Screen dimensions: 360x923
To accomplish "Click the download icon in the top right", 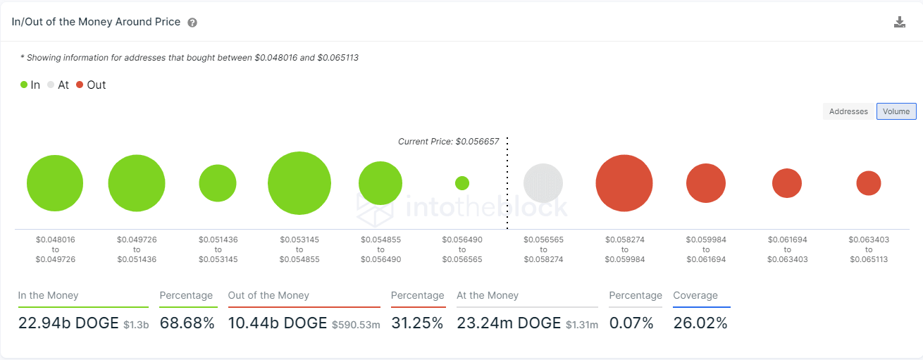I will point(899,22).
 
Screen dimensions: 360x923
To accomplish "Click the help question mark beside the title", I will point(192,23).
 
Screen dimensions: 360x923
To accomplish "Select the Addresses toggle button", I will point(848,111).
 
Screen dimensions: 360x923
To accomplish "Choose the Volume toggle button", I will point(896,111).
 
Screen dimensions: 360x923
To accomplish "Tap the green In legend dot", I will point(24,85).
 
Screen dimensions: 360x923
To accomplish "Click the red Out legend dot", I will point(80,85).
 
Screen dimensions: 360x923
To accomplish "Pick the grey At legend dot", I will point(51,85).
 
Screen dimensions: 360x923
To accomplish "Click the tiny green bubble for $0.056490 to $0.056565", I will point(462,183).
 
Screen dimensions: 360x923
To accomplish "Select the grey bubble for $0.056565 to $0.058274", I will point(543,183).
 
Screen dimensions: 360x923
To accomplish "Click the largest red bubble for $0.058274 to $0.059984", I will point(624,183).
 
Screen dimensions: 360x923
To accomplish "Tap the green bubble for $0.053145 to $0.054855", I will point(299,183).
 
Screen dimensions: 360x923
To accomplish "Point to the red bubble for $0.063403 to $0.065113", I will point(869,183).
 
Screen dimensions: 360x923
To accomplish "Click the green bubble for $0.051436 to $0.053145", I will point(218,183).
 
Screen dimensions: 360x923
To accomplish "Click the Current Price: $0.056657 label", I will point(448,142).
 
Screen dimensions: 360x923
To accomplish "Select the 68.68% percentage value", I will point(187,323).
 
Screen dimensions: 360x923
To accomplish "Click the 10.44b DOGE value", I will point(278,323).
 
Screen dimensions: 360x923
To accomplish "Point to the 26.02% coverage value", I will point(700,323).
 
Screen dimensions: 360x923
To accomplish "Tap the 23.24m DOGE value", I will point(509,323).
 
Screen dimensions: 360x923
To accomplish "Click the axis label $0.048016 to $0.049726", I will point(55,249).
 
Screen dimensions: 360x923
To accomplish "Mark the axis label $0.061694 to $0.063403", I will point(787,249).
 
